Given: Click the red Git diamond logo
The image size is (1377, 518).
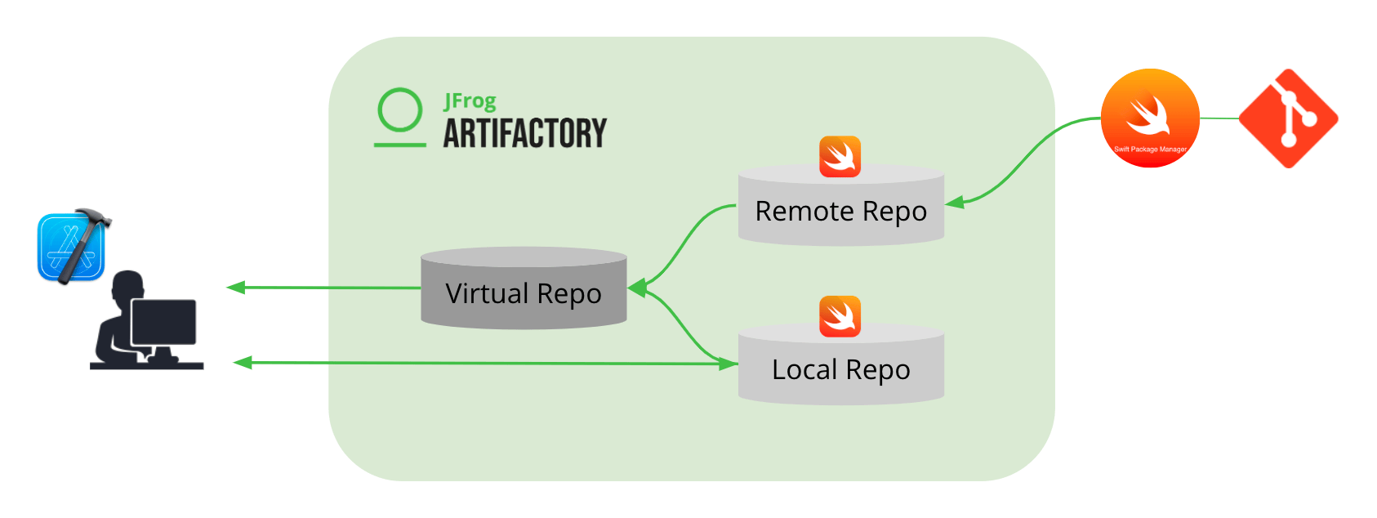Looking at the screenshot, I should click(1288, 118).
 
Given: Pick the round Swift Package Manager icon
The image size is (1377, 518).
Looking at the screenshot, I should click(1150, 118).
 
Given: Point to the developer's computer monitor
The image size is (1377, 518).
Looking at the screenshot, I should click(163, 323).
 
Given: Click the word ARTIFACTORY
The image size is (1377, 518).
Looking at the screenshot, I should click(525, 133).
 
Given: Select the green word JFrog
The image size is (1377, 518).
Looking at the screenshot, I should click(470, 101).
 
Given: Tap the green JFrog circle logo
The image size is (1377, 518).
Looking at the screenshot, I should click(400, 110).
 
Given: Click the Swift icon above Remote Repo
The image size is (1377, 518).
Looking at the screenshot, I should click(840, 156).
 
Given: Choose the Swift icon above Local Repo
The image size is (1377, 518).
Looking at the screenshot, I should click(840, 316).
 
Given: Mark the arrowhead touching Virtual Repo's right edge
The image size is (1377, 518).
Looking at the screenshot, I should click(637, 288).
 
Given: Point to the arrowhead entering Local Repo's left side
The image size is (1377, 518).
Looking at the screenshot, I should click(728, 364).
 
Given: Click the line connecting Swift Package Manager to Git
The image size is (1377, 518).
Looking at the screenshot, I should click(1219, 118).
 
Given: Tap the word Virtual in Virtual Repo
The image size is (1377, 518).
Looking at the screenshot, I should click(487, 292).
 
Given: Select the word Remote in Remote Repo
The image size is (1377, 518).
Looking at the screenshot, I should click(804, 211).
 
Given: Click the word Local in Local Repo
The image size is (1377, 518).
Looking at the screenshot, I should click(804, 369).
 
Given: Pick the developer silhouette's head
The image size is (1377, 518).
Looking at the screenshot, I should click(128, 288).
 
